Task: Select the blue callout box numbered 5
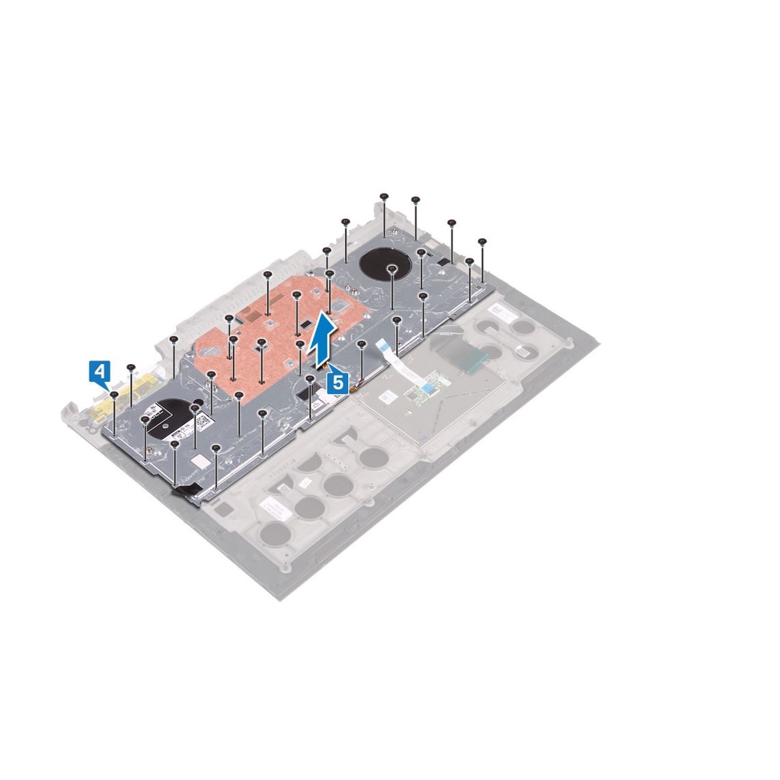[x=337, y=383]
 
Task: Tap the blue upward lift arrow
[x=323, y=337]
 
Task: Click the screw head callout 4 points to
[x=114, y=395]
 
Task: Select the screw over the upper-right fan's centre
[x=392, y=269]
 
